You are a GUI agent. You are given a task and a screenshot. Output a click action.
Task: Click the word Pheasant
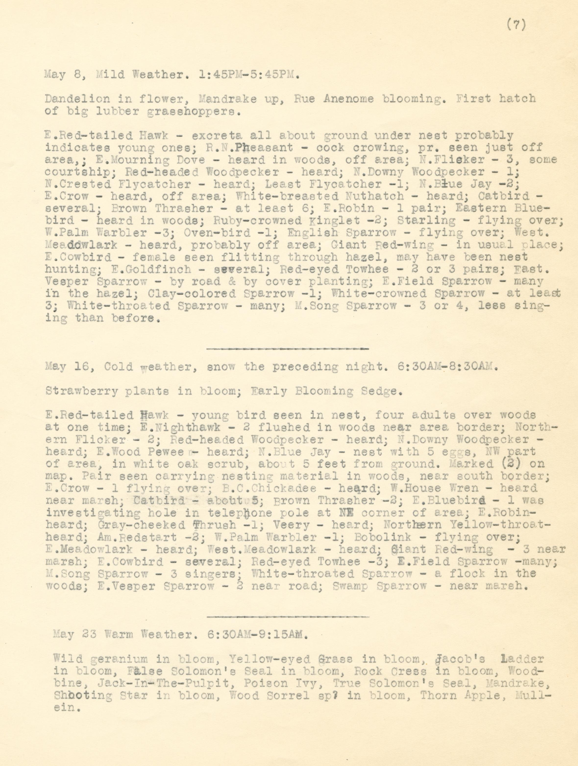pyautogui.click(x=264, y=148)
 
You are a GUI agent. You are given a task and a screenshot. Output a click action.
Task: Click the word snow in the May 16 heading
pyautogui.click(x=220, y=367)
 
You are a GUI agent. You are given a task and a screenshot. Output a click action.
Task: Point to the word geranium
pyautogui.click(x=113, y=659)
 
